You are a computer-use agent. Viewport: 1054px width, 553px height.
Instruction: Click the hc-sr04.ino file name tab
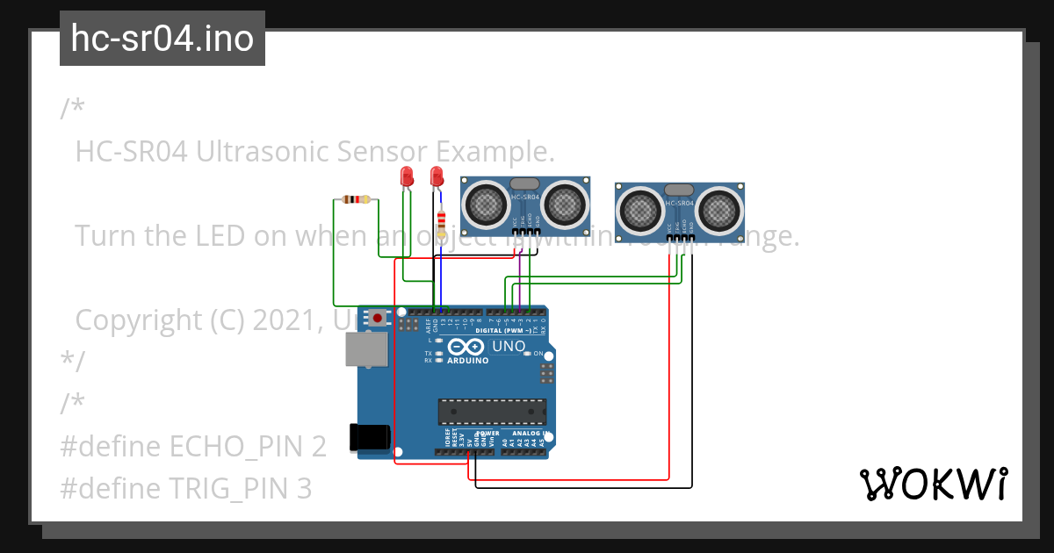point(162,39)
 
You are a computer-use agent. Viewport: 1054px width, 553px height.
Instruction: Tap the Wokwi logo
point(932,484)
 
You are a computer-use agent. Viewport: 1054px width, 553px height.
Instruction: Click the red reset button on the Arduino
point(378,317)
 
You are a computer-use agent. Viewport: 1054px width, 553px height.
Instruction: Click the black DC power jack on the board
point(368,438)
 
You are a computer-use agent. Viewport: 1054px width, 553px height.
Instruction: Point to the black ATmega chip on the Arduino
point(492,412)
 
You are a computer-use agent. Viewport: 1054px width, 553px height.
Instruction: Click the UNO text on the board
point(509,346)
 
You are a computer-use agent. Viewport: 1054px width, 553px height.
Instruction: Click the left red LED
point(406,176)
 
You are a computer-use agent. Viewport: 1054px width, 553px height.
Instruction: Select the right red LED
point(436,176)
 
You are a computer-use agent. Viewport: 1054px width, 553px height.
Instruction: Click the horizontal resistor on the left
point(356,200)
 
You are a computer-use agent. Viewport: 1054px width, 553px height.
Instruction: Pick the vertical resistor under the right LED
point(441,220)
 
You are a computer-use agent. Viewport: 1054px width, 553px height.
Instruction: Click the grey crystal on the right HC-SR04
point(679,190)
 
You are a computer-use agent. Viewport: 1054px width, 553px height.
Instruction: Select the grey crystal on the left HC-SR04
point(524,183)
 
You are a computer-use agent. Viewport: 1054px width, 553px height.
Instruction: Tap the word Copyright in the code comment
point(139,320)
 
